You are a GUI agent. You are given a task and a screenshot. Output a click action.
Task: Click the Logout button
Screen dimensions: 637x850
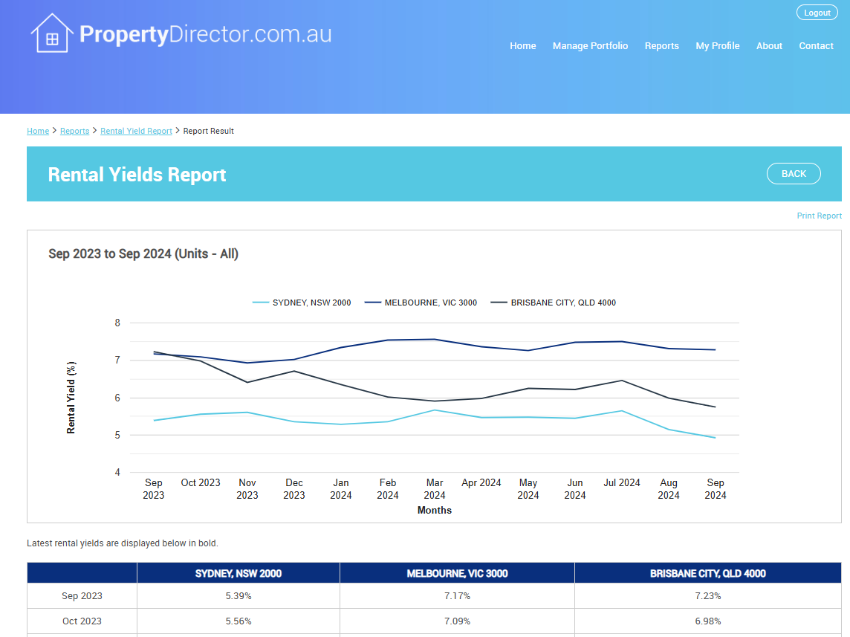click(817, 13)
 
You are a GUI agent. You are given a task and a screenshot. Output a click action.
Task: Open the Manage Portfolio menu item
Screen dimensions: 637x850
click(590, 46)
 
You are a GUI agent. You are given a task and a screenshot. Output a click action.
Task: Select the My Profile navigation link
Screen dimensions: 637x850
click(717, 46)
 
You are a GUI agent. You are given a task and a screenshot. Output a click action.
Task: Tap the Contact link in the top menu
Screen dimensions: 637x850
click(816, 46)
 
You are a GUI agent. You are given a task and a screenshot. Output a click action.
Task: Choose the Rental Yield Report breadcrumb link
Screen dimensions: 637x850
click(136, 131)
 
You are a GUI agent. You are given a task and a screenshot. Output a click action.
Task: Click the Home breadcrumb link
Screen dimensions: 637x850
click(38, 131)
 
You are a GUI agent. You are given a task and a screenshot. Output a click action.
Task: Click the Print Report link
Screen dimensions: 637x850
click(819, 216)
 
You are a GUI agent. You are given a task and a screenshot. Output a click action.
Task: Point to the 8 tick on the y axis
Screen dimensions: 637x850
click(117, 323)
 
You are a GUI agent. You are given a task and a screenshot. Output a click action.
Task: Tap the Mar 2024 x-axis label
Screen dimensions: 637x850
click(435, 489)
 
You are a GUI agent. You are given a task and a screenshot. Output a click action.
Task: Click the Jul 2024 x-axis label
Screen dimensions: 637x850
click(622, 483)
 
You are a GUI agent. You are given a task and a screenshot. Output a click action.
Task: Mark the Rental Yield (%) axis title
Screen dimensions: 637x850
click(71, 398)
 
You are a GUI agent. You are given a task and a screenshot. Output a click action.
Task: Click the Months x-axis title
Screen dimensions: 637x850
click(435, 511)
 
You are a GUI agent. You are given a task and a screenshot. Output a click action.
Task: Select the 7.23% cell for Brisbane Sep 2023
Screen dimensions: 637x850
click(707, 596)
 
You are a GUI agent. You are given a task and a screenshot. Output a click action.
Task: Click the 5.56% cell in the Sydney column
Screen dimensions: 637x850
click(238, 621)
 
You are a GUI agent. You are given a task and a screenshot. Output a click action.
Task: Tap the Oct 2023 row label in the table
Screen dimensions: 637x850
click(82, 621)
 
